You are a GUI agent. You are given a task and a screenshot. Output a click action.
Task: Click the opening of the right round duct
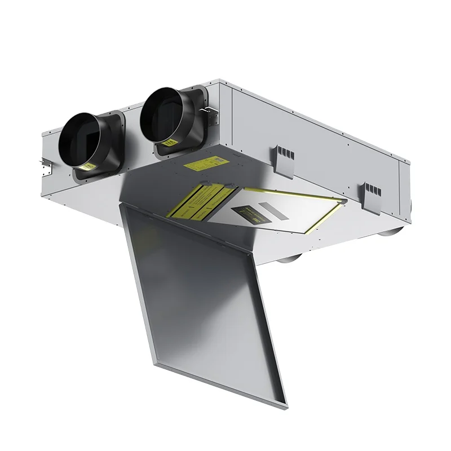click(x=163, y=116)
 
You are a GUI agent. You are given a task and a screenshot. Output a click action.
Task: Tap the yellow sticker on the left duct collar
click(x=90, y=166)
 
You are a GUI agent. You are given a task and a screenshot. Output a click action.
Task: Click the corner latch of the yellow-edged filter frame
click(x=342, y=202)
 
